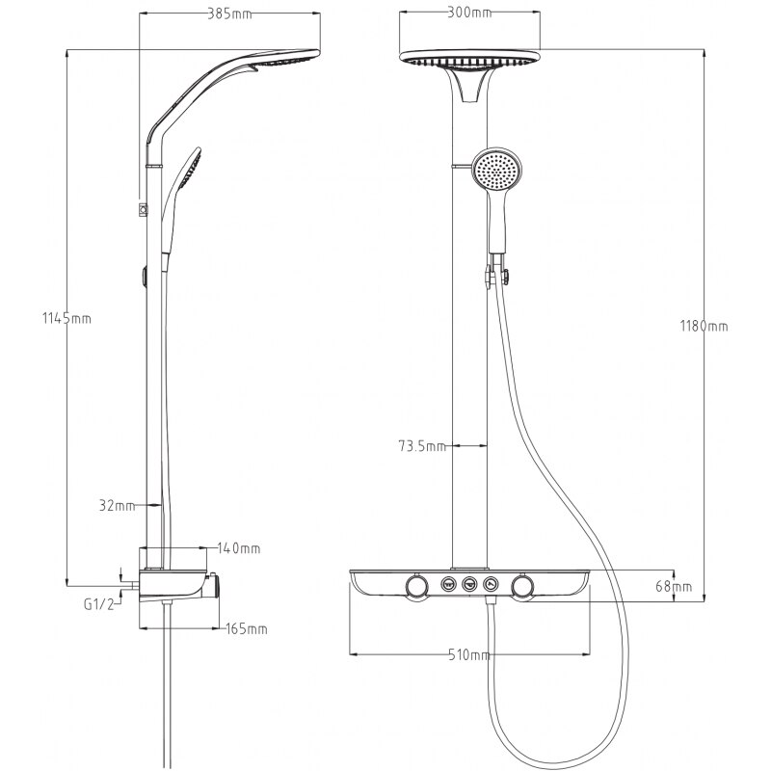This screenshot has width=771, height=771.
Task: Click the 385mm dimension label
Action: point(229,13)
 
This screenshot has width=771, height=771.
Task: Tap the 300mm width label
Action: point(469,13)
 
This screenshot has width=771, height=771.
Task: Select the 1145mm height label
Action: point(66,318)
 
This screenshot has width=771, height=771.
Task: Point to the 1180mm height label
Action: point(704,326)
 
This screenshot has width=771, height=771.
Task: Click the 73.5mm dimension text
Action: point(422,446)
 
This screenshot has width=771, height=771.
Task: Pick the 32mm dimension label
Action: point(117,505)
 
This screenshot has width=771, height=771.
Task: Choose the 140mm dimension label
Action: point(238,547)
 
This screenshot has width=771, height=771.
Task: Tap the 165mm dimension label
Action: point(247,628)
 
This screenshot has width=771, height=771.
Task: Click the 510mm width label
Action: point(469,654)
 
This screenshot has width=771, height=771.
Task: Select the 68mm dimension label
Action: point(674,586)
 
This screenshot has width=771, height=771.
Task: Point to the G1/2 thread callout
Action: point(99,604)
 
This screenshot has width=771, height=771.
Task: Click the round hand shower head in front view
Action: point(496,172)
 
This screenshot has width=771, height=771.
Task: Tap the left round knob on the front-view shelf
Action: point(418,586)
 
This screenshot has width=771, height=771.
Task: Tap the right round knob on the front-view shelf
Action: point(522,586)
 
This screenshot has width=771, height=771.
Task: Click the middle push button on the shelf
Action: point(470,585)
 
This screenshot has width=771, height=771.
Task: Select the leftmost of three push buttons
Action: point(448,585)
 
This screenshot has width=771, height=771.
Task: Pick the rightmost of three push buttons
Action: point(492,585)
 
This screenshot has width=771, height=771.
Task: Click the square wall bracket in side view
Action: point(143,209)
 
